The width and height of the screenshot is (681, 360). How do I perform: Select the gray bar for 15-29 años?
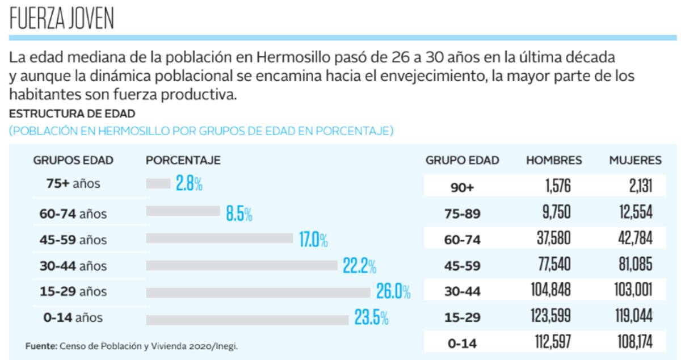coord(258,292)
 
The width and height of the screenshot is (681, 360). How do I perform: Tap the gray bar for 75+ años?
coord(158,183)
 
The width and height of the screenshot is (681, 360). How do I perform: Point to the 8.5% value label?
coord(239,214)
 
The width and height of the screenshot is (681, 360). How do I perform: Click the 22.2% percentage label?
coord(359,265)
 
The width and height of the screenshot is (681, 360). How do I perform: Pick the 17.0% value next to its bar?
coord(313,240)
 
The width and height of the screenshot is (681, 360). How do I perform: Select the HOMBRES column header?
coord(554,161)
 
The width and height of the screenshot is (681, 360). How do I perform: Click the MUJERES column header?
coord(635,161)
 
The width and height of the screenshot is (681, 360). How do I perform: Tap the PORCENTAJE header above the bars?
coord(183,161)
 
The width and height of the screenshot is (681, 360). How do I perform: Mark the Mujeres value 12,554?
coord(635,212)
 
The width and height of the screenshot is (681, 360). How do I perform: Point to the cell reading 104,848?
coord(550,290)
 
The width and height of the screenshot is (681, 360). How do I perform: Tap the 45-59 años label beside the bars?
coord(73,240)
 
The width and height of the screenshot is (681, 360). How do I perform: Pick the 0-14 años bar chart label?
coord(73,318)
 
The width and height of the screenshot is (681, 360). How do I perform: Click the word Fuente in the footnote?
coord(41,346)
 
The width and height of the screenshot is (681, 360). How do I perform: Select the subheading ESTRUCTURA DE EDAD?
coord(72,113)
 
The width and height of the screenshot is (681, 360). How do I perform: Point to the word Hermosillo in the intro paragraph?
coord(293,58)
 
